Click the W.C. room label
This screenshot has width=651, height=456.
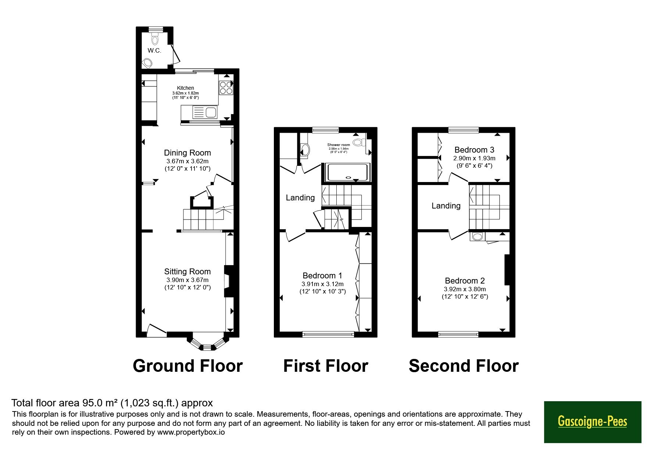pos(154,50)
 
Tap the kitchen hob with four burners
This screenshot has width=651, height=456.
pos(226,88)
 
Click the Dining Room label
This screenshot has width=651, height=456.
pos(187,153)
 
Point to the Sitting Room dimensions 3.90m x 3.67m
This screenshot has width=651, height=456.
pos(187,280)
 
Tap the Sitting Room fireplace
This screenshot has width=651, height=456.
pos(229,281)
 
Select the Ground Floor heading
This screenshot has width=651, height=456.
pos(187,366)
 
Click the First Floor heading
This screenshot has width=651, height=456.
pos(326,366)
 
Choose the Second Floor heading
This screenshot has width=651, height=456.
pos(464,366)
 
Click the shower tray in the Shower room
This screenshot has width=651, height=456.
pos(347,173)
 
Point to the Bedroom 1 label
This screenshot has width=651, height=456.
pos(322,275)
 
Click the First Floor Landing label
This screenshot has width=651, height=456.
pos(300,198)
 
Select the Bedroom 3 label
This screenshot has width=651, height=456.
pos(474,150)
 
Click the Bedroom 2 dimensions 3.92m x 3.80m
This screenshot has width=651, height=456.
pos(465,289)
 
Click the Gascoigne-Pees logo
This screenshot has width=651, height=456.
pos(593,422)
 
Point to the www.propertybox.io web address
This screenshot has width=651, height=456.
pos(191,432)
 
